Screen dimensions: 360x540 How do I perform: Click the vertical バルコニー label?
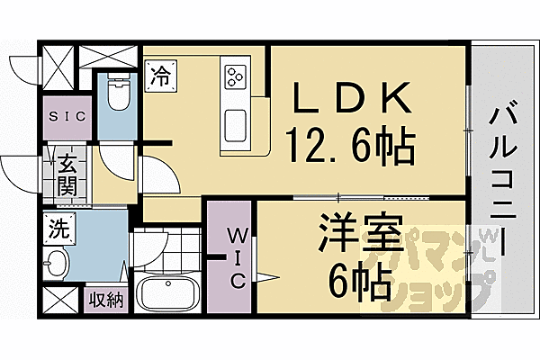click(x=501, y=180)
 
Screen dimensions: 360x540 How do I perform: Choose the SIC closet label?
click(x=67, y=116)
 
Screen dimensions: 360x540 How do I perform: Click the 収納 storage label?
click(x=107, y=299)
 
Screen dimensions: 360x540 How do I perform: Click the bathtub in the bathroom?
click(x=168, y=294)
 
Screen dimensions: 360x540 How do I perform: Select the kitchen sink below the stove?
click(x=235, y=123)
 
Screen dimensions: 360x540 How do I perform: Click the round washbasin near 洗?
click(x=56, y=265)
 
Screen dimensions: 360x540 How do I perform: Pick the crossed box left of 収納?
click(x=58, y=300)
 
